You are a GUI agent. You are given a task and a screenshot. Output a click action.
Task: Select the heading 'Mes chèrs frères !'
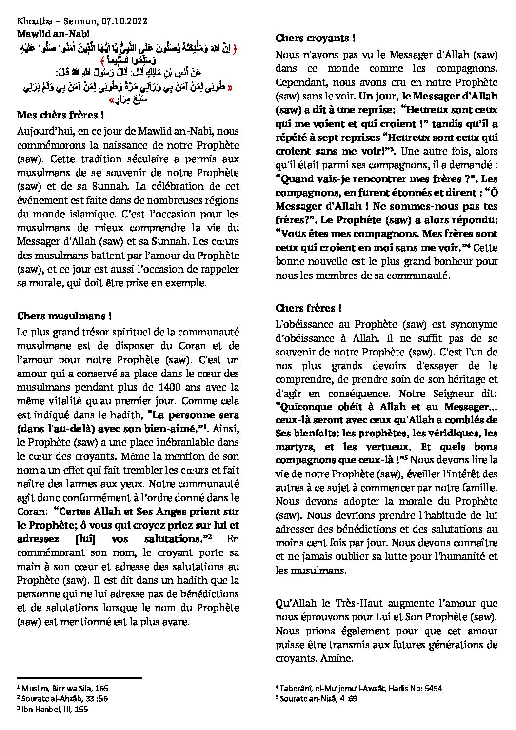point(60,116)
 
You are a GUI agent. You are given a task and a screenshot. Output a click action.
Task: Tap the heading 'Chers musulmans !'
point(64,316)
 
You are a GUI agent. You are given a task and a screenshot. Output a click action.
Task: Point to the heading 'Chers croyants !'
point(315,38)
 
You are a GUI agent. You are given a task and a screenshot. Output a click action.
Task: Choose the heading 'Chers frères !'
point(308,308)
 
